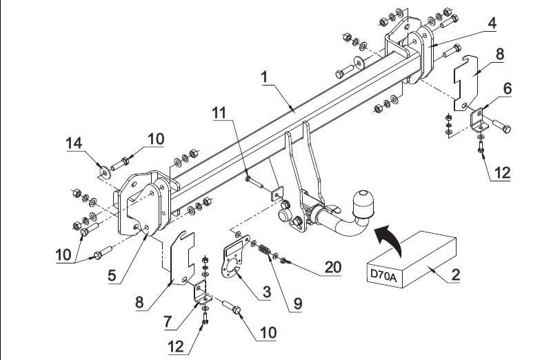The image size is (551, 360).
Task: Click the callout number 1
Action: coord(265,77)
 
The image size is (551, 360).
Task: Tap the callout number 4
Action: coord(492,23)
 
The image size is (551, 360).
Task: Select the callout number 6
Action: coord(507,88)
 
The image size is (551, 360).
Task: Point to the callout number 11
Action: coord(219,113)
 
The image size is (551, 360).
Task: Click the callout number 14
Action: coord(74,143)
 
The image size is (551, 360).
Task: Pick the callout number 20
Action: coord(332,267)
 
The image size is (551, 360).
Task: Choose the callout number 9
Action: coord(298,303)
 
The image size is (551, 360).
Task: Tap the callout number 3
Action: coord(267,292)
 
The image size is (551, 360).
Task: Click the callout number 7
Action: coord(168,321)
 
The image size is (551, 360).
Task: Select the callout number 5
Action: coord(112,275)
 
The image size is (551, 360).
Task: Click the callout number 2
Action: coord(455,274)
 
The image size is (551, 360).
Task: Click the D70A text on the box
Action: coord(383,277)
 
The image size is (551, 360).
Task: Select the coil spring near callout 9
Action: coord(264,250)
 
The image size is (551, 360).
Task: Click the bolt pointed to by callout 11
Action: coord(254,183)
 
